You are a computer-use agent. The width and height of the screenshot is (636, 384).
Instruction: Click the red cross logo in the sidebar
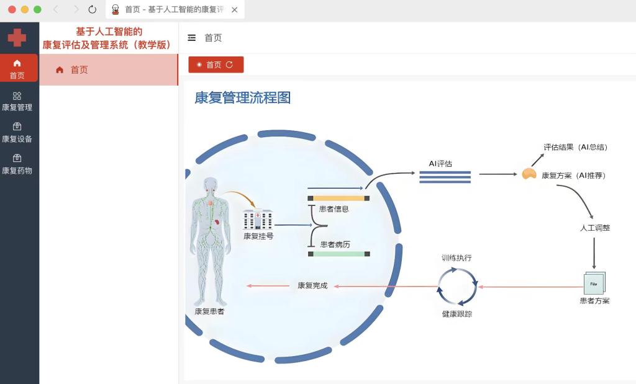(x=17, y=37)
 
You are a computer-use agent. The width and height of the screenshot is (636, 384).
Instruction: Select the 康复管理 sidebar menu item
(x=17, y=101)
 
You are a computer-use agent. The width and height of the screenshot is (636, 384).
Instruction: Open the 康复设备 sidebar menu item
(x=17, y=133)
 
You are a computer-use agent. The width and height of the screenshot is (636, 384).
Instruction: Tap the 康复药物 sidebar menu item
(x=17, y=164)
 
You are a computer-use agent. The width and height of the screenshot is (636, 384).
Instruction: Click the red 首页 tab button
(x=216, y=65)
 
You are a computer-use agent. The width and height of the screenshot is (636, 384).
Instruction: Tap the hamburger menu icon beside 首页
(x=192, y=38)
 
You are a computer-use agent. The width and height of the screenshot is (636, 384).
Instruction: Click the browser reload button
(x=93, y=9)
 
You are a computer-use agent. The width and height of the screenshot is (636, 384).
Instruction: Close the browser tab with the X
(x=234, y=9)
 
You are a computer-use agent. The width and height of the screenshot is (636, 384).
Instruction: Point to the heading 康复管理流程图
(x=243, y=97)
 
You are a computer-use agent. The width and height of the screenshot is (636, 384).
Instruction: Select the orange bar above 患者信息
(x=339, y=198)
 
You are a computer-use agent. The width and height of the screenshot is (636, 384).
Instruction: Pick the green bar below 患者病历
(x=339, y=254)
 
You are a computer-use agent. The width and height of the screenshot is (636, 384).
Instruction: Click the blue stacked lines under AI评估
(x=445, y=177)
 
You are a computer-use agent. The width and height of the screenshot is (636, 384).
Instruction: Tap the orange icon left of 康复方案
(x=529, y=175)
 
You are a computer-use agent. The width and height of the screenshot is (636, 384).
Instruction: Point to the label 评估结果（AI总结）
(x=575, y=147)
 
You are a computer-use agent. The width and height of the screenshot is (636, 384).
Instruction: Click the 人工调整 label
(x=595, y=228)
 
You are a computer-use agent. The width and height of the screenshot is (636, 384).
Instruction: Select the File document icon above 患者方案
(x=594, y=283)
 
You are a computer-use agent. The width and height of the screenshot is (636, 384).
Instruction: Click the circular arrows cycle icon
(x=457, y=286)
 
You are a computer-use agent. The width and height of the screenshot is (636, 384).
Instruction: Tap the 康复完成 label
(x=312, y=286)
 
